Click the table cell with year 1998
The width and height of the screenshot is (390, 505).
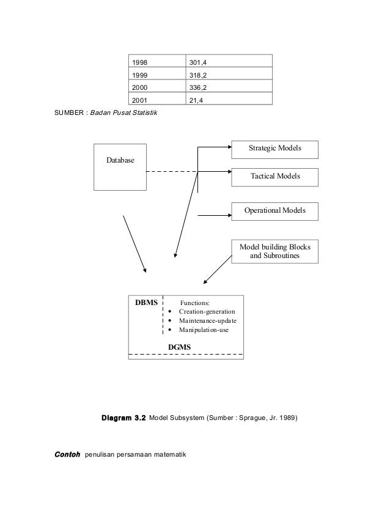click(x=156, y=62)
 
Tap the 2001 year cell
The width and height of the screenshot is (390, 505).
click(x=156, y=99)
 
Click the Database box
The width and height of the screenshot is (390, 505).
click(x=120, y=167)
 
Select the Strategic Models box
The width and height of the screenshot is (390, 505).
click(x=275, y=149)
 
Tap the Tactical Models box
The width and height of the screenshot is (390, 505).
click(x=275, y=177)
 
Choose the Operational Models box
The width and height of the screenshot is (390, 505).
click(x=275, y=211)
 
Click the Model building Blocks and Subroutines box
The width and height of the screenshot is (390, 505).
click(x=275, y=251)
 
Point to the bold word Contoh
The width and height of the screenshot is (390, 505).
click(x=67, y=455)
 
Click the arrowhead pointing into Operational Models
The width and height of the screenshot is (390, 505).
click(x=229, y=215)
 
